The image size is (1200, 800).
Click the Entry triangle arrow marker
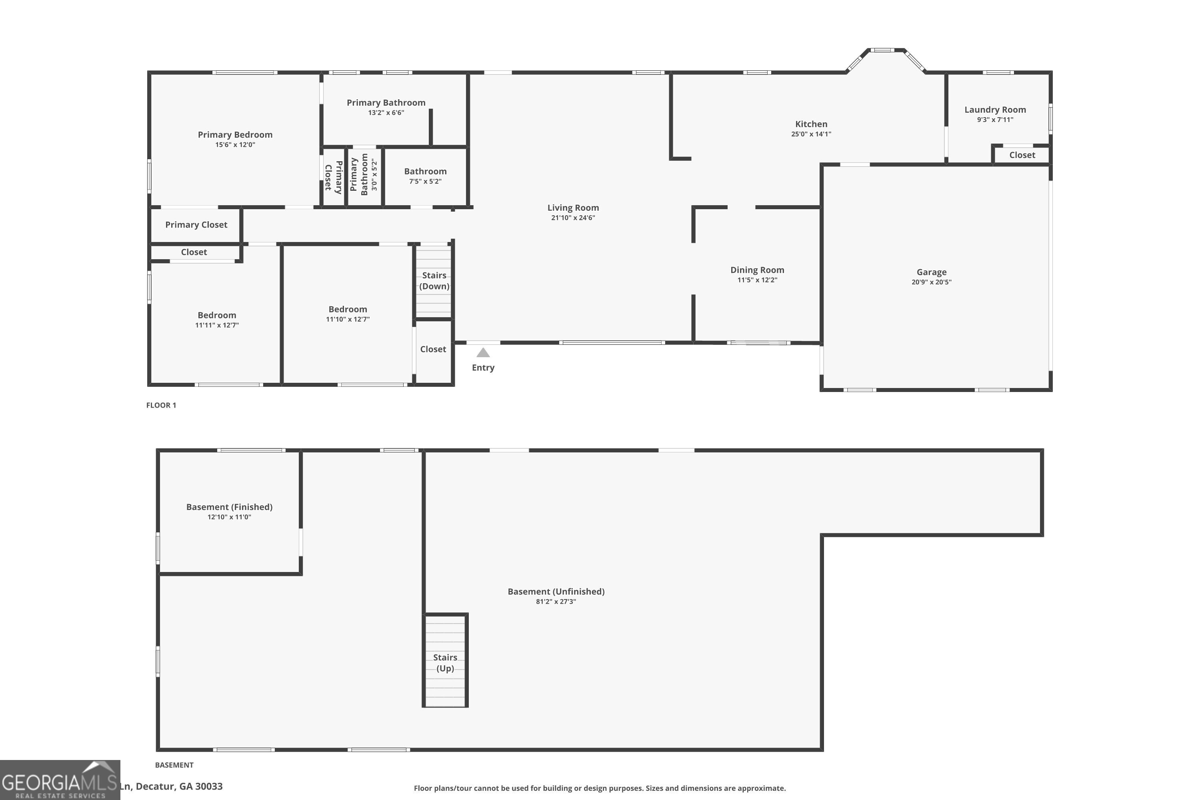click(483, 352)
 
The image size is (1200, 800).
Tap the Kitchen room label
click(811, 124)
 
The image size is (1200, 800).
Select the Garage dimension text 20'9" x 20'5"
click(931, 282)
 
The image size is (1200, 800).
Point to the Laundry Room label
click(994, 110)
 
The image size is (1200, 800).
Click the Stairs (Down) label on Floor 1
click(434, 281)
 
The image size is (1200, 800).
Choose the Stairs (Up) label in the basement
click(445, 663)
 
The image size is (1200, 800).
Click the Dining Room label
click(757, 270)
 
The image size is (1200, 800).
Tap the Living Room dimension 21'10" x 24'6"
click(572, 218)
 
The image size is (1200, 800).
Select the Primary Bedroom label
click(235, 135)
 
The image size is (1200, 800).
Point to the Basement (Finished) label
click(229, 507)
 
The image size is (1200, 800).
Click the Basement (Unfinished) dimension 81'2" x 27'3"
click(556, 602)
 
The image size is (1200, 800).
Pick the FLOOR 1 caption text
click(161, 405)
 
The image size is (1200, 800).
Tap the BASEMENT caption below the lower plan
click(174, 765)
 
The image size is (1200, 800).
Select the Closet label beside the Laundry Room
click(1022, 155)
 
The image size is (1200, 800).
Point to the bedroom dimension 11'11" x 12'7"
click(216, 325)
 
